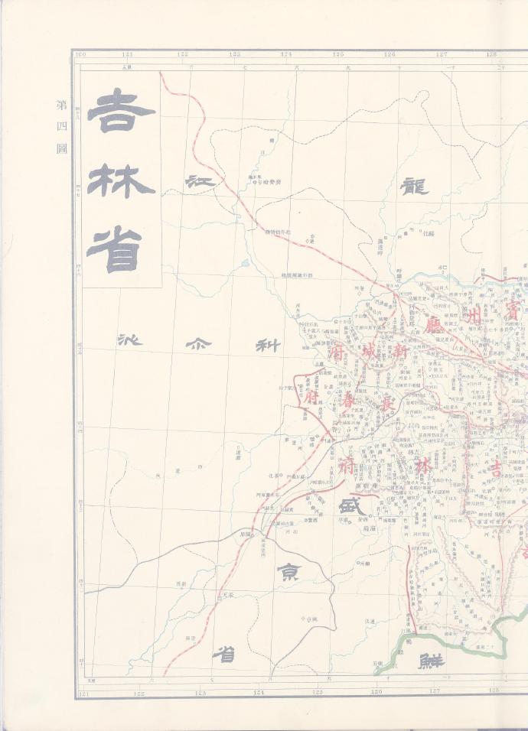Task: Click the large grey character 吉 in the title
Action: coord(121,111)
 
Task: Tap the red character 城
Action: coord(370,356)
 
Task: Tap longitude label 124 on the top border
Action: coord(286,54)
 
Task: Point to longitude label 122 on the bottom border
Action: coord(139,693)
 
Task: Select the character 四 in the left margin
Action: coord(62,125)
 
